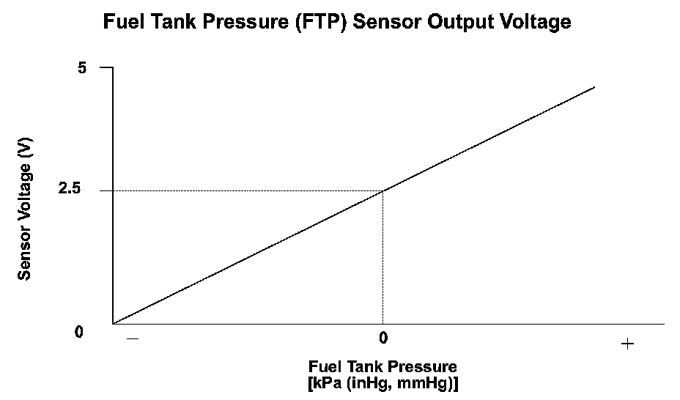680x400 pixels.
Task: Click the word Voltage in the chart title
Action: [x=533, y=22]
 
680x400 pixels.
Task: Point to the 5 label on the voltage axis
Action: [x=82, y=68]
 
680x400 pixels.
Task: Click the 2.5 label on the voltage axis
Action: [x=76, y=190]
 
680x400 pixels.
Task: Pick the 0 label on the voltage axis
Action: [x=78, y=332]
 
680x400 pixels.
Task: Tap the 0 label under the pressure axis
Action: [x=382, y=338]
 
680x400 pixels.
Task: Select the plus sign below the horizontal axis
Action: [x=627, y=344]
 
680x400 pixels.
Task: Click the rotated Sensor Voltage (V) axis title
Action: [x=24, y=210]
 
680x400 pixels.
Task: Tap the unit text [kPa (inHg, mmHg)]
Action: [x=383, y=382]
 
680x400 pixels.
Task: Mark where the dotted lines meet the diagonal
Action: [x=383, y=190]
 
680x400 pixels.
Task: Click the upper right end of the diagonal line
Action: [x=594, y=87]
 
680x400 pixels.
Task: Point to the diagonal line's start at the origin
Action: [x=114, y=322]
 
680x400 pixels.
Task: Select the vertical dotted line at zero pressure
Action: [x=383, y=256]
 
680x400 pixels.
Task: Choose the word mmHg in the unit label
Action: [x=429, y=382]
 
